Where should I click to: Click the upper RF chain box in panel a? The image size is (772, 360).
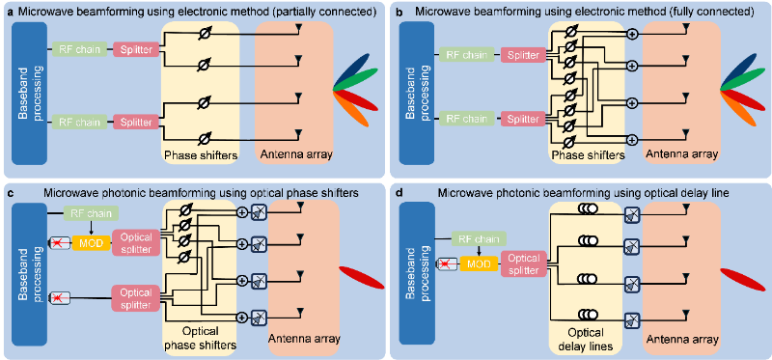[80, 49]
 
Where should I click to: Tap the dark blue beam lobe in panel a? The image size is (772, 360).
[353, 70]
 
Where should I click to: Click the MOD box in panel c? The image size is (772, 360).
[91, 242]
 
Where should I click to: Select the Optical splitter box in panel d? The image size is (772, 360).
[523, 263]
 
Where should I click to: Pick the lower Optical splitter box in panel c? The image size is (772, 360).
[136, 298]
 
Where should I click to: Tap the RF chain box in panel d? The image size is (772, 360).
[479, 239]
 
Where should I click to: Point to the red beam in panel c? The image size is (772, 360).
[362, 278]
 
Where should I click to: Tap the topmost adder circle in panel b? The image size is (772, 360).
[632, 35]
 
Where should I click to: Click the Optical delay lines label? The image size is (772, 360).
[586, 340]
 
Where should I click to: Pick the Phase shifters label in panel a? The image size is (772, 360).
[201, 155]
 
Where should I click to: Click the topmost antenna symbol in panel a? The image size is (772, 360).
[299, 31]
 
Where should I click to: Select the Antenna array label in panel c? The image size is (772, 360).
[304, 339]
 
